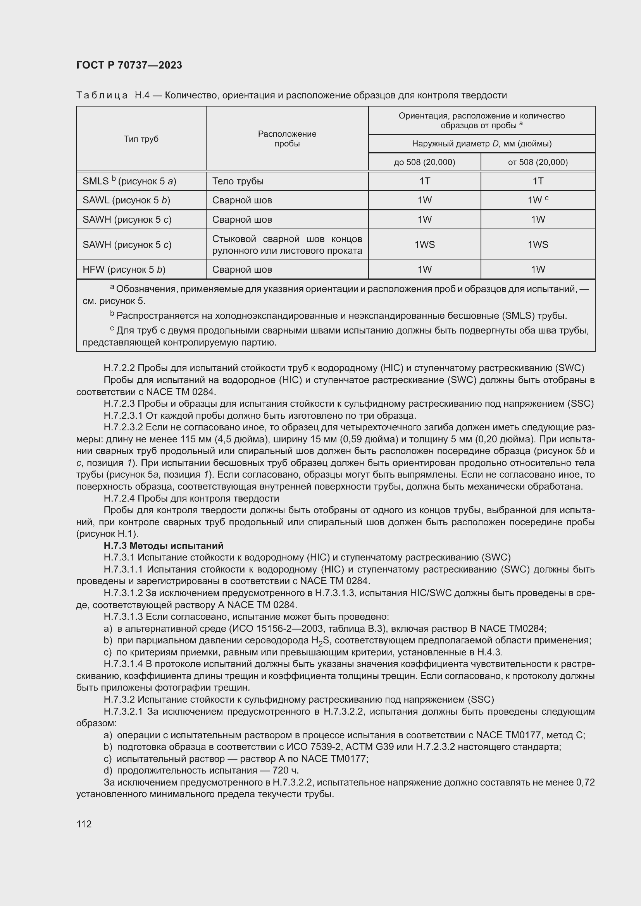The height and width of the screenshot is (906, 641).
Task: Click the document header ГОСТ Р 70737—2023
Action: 129,65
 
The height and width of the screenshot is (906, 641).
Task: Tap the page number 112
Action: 84,824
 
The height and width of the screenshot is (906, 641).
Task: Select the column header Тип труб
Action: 141,139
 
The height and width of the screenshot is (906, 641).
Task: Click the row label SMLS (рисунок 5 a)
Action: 129,181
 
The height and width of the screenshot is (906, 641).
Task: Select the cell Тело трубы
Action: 238,181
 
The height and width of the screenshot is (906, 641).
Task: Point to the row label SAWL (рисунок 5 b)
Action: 126,200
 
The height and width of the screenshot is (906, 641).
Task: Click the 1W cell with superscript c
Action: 538,200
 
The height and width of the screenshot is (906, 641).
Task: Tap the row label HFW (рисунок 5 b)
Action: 124,270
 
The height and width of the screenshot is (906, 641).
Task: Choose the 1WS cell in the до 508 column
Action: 424,245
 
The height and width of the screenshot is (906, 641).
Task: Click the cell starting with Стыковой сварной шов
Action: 287,245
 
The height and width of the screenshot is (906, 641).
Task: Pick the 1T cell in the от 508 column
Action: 538,181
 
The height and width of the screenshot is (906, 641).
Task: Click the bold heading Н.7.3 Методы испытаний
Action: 164,545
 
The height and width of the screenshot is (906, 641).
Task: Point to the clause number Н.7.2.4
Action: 119,499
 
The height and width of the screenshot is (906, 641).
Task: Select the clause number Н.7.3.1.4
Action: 124,664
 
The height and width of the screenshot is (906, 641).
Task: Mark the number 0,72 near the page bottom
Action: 585,782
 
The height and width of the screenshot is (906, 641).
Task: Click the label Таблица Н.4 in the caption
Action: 112,96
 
